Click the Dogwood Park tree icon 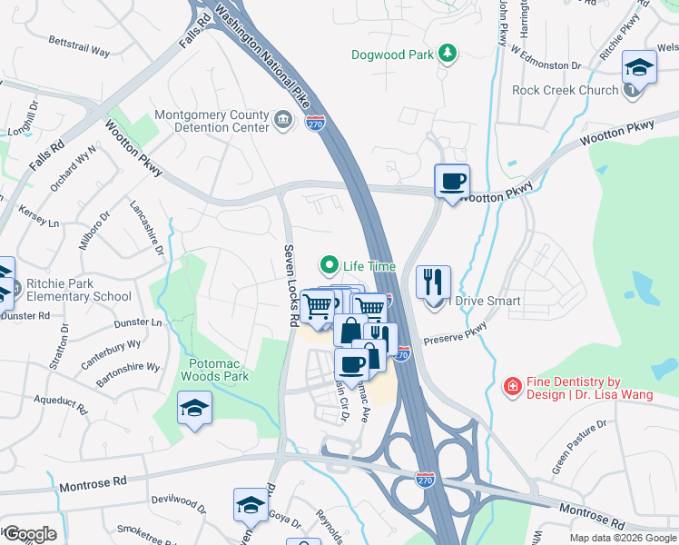[447, 54]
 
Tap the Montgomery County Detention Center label [212, 121]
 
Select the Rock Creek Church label [565, 90]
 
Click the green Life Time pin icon [329, 266]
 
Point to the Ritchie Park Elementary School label [78, 290]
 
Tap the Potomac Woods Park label [214, 368]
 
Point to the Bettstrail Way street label [79, 47]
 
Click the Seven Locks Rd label [291, 285]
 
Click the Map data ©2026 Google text [623, 538]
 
